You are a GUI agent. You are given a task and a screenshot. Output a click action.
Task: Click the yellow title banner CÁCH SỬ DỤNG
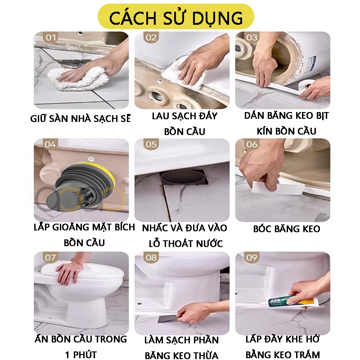(x=176, y=17)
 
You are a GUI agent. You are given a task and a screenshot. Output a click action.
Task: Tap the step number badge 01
(x=50, y=37)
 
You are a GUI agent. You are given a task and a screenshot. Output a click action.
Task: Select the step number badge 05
(x=151, y=144)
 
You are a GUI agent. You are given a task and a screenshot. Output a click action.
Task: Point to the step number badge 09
(x=252, y=257)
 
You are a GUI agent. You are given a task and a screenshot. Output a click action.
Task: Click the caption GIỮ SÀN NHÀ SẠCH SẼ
(x=81, y=119)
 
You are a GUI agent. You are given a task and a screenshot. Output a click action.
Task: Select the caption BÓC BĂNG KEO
(x=287, y=229)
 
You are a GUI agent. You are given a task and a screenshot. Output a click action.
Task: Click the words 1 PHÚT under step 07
(x=81, y=355)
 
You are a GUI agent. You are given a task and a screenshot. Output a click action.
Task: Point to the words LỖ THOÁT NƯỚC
(x=185, y=243)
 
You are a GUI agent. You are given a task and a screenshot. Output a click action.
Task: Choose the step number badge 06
(x=252, y=144)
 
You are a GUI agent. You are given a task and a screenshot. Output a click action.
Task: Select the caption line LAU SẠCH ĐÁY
(x=184, y=116)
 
